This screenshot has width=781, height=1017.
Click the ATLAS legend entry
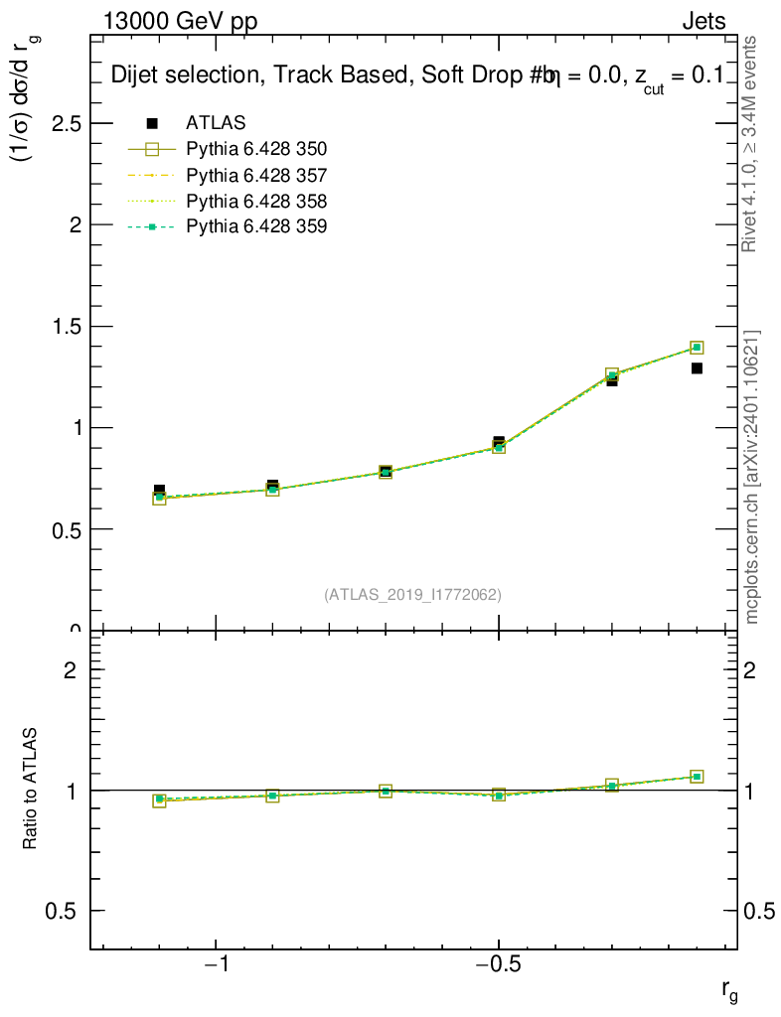click(x=216, y=123)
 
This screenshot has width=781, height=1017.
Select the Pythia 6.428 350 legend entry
click(x=256, y=149)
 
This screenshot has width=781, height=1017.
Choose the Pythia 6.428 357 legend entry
click(x=256, y=175)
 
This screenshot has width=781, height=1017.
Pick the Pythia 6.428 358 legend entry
click(x=256, y=201)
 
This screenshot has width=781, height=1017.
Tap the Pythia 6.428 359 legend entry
click(x=256, y=226)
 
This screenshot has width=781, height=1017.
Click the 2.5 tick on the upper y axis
click(x=65, y=123)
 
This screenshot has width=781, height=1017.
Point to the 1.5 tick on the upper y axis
click(x=65, y=327)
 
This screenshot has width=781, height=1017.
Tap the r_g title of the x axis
click(x=728, y=990)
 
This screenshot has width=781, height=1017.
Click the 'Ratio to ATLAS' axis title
click(x=31, y=790)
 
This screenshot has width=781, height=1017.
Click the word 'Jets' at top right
click(x=703, y=22)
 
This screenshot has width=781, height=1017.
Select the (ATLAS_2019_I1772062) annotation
click(x=412, y=595)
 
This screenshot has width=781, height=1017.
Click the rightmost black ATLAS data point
click(x=697, y=368)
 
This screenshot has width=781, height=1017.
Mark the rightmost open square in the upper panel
click(x=697, y=347)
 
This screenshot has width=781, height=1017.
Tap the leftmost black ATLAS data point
click(x=159, y=491)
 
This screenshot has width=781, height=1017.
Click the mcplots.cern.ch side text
click(x=752, y=477)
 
